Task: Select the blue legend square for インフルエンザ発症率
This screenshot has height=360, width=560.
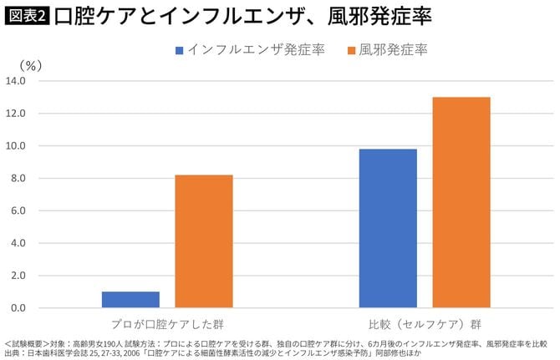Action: coord(179,50)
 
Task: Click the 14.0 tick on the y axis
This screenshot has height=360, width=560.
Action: coord(17,81)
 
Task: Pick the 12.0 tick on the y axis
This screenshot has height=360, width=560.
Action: coord(17,114)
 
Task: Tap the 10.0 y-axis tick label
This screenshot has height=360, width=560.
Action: coord(17,146)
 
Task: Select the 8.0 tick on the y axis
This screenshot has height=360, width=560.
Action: coord(19,179)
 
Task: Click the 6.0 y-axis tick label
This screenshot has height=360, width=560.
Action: coord(19,210)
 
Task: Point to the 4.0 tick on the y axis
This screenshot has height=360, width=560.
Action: coord(19,243)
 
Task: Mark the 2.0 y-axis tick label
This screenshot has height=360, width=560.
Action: coord(19,276)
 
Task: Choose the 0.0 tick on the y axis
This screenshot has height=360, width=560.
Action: coord(19,308)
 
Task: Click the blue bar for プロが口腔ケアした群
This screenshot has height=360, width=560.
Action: coord(130,299)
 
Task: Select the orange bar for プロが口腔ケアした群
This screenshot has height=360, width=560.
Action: coord(204,241)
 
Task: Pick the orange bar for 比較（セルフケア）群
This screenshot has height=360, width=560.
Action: coord(461,202)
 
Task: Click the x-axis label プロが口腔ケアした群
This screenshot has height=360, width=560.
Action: coord(166,322)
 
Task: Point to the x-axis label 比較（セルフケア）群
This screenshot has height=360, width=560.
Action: coord(424,322)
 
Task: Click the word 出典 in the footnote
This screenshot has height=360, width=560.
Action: coord(14,352)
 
